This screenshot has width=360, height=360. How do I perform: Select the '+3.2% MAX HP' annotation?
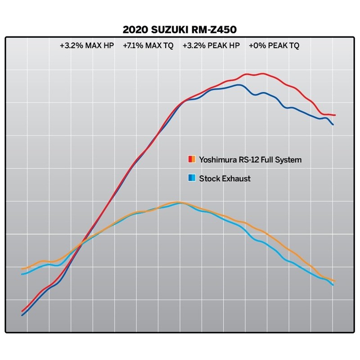pyautogui.click(x=86, y=45)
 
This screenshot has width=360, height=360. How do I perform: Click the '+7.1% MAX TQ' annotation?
pyautogui.click(x=148, y=45)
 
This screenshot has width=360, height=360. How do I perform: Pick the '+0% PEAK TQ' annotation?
pyautogui.click(x=274, y=45)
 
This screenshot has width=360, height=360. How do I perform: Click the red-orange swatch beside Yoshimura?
pyautogui.click(x=191, y=159)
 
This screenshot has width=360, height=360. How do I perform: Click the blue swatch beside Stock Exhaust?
pyautogui.click(x=191, y=178)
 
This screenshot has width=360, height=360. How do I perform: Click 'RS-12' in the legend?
pyautogui.click(x=247, y=159)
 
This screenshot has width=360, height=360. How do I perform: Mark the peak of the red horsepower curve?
pyautogui.click(x=262, y=74)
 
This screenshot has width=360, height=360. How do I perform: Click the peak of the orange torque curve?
pyautogui.click(x=178, y=202)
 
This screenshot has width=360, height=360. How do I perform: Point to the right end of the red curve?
pyautogui.click(x=335, y=115)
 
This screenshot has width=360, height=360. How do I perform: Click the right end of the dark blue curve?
pyautogui.click(x=333, y=125)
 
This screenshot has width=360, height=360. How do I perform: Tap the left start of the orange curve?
pyautogui.click(x=22, y=269)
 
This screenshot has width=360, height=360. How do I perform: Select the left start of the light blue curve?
pyautogui.click(x=22, y=274)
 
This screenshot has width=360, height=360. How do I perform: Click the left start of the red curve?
pyautogui.click(x=22, y=310)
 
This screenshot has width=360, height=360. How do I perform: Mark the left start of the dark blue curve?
pyautogui.click(x=22, y=315)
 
